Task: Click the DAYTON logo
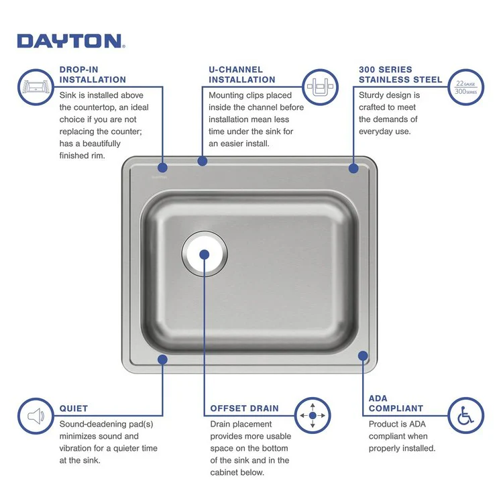pos(70,41)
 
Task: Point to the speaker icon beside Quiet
pos(36,416)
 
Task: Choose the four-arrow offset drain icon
pos(313,416)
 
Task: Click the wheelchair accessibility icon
pos(464,416)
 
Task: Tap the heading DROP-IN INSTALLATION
pos(93,74)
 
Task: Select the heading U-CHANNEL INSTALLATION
pos(242,74)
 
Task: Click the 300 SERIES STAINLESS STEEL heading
pos(400,74)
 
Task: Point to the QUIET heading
pos(74,408)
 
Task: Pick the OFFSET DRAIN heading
pos(244,408)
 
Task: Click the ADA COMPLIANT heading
pos(396,403)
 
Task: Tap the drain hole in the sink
pos(205,255)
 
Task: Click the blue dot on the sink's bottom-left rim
pos(162,359)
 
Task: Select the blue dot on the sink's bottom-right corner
pos(363,356)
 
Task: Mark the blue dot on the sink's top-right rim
pos(353,169)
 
